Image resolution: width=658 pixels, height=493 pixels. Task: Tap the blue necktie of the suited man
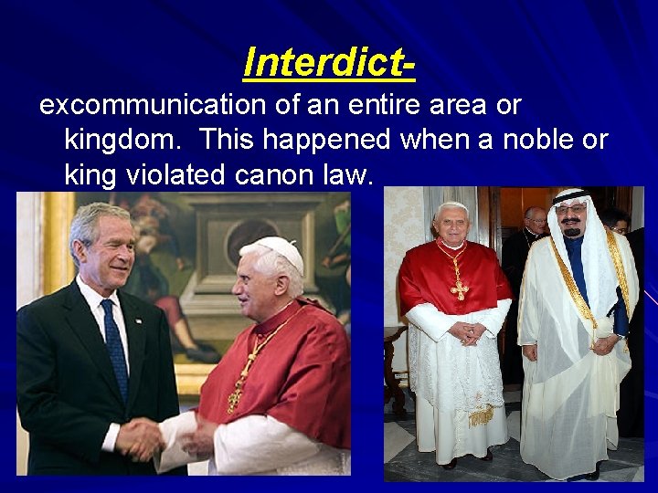click(x=114, y=348)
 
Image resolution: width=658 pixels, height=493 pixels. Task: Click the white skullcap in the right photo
click(x=452, y=206)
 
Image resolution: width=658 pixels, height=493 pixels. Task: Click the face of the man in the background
click(x=536, y=220)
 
